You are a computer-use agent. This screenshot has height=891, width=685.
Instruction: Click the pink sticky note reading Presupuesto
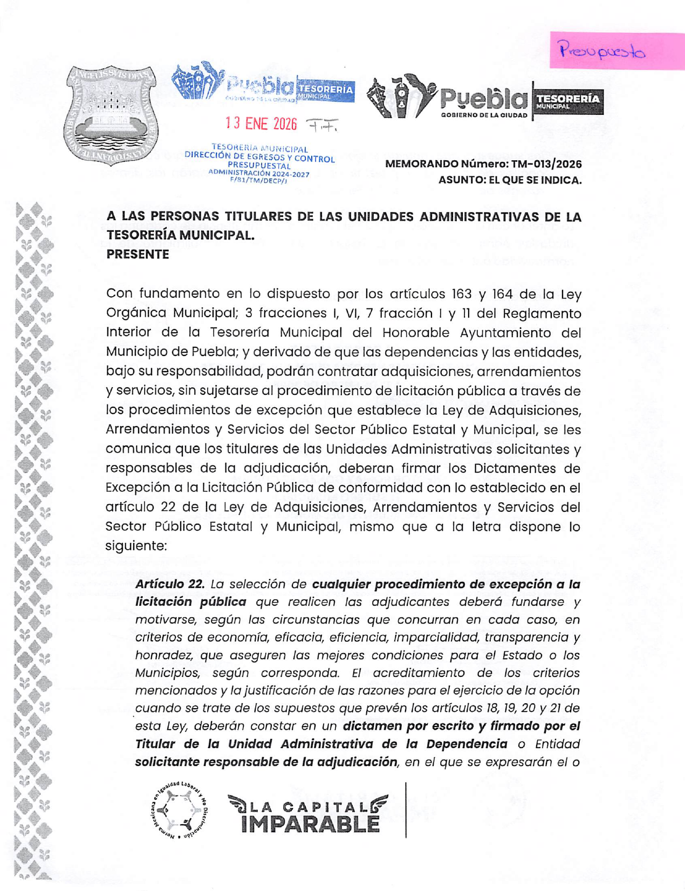click(616, 50)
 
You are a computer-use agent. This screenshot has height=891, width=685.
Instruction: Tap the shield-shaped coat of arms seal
click(112, 115)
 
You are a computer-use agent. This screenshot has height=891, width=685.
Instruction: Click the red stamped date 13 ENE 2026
click(262, 124)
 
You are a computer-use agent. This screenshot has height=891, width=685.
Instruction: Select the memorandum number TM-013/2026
click(542, 164)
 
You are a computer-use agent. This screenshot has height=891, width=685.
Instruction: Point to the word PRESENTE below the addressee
click(138, 255)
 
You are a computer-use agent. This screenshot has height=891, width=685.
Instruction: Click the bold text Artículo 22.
click(170, 584)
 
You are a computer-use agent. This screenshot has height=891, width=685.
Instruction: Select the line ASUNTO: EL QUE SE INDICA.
click(510, 180)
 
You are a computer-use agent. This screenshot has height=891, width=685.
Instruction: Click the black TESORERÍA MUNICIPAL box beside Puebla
click(568, 101)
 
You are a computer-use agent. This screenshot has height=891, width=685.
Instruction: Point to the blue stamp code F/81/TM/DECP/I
click(258, 181)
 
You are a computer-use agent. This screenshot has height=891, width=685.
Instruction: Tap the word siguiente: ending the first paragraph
click(136, 546)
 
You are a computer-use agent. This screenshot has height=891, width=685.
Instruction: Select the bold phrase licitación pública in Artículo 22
click(190, 602)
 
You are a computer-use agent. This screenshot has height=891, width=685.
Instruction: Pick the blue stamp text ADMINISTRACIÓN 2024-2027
click(258, 173)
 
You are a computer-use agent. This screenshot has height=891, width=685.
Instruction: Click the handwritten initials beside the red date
click(322, 125)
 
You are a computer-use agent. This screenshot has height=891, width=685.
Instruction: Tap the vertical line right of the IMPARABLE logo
click(406, 810)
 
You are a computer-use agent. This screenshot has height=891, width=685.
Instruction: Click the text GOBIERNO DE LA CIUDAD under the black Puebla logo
click(484, 115)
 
